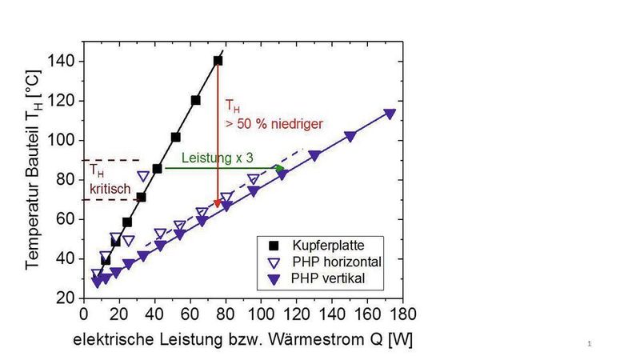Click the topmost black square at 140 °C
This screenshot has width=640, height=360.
click(218, 61)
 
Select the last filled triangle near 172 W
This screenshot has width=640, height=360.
click(390, 114)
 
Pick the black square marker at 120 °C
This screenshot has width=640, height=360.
click(195, 101)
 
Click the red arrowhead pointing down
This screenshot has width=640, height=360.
click(218, 203)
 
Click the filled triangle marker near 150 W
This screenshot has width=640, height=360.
click(350, 137)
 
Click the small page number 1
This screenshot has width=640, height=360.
click(589, 344)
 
